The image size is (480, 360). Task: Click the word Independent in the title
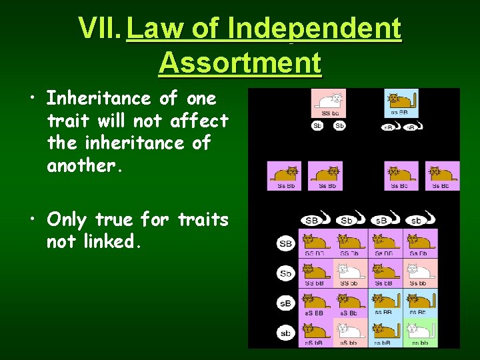click(314, 29)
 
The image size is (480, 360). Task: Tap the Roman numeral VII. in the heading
click(100, 29)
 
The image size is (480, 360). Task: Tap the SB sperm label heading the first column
click(311, 220)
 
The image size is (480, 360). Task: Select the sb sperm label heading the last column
click(415, 220)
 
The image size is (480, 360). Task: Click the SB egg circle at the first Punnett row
click(285, 244)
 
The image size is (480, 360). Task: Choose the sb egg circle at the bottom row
click(285, 333)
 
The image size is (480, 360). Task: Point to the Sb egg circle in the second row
click(285, 273)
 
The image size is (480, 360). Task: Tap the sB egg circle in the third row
click(285, 303)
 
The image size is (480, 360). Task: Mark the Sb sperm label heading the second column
click(347, 220)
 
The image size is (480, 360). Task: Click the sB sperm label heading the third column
click(381, 220)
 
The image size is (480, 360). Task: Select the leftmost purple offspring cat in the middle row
click(284, 175)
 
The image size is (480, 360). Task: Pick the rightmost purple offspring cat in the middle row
click(443, 175)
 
